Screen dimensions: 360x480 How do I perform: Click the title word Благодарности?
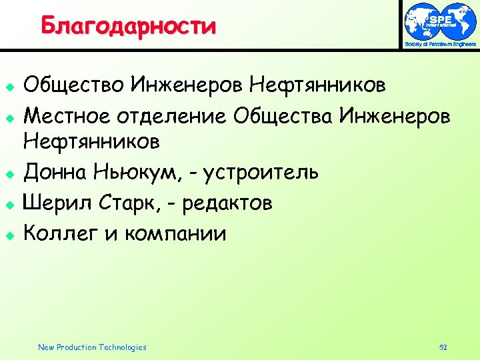coord(128,26)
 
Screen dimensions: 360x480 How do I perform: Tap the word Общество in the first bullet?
coord(74,85)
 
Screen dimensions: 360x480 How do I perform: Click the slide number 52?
coord(443,347)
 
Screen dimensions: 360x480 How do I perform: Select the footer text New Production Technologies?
coord(92,347)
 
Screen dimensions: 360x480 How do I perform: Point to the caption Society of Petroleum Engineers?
coord(441,44)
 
